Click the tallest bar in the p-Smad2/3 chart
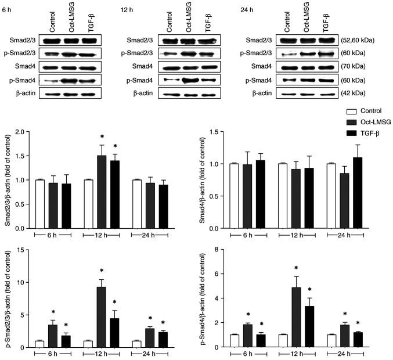click(x=100, y=314)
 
